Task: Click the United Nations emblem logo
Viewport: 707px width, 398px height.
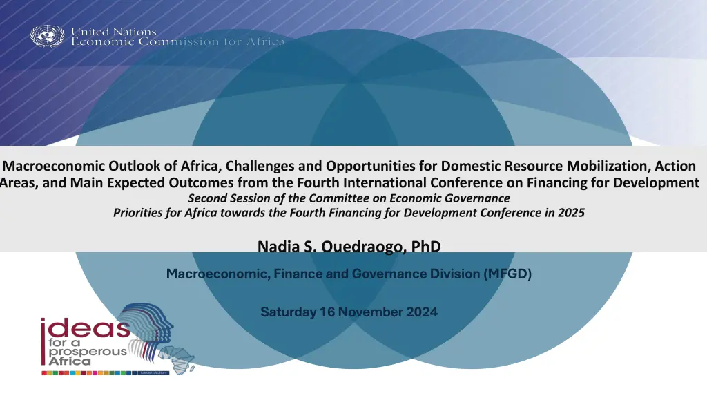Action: click(48, 36)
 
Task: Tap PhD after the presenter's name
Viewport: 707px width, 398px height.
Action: click(426, 247)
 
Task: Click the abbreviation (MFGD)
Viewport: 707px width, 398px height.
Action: click(507, 274)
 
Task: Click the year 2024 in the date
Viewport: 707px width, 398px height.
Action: click(422, 312)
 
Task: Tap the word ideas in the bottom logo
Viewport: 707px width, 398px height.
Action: click(85, 328)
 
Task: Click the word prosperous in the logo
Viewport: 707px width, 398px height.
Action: click(88, 352)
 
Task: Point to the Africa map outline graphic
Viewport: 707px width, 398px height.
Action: click(177, 359)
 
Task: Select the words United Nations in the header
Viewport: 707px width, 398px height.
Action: click(114, 32)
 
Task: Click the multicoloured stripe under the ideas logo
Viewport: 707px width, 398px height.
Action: click(106, 373)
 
